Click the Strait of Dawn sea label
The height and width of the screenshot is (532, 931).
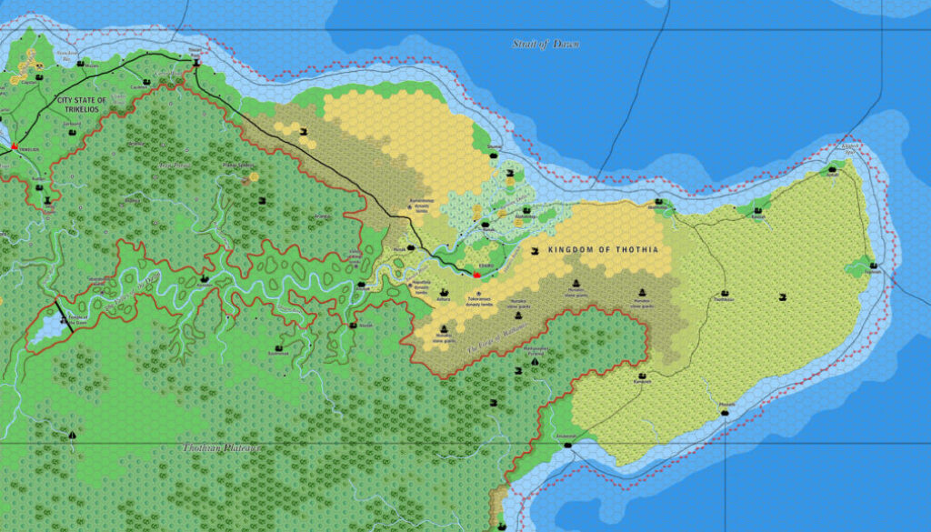click(546, 44)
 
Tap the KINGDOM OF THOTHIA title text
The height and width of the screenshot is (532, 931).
click(603, 248)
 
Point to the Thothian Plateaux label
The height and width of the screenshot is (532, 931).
click(222, 447)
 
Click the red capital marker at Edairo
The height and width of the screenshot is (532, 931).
click(476, 274)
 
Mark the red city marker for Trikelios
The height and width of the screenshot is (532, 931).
click(15, 146)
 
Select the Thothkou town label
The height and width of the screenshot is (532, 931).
click(724, 298)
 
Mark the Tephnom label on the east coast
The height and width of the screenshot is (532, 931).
click(875, 272)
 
